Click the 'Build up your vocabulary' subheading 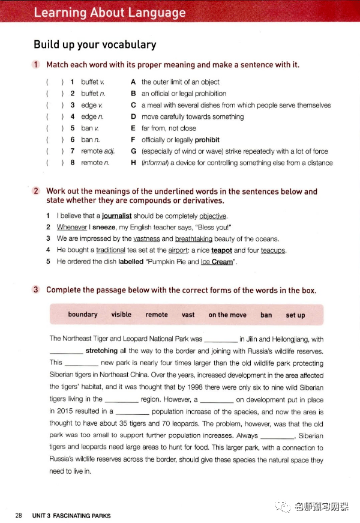coord(95,44)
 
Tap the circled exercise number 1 coord(37,65)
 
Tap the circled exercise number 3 coord(37,290)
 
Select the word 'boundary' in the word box coord(83,315)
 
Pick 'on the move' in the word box coord(227,315)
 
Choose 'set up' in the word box coord(295,315)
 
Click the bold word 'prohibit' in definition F coord(207,140)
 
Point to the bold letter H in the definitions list coord(134,163)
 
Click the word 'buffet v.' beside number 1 coord(89,82)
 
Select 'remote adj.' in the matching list coord(98,151)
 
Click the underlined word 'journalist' coord(120,216)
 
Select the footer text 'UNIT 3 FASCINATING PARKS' coord(71,515)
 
